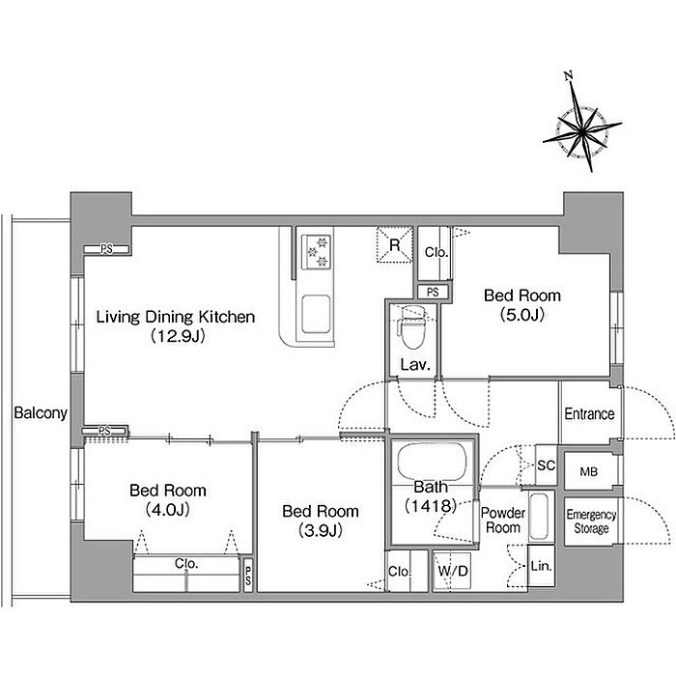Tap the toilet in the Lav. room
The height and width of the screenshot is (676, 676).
point(412,327)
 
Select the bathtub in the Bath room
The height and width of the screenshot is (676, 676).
point(432,462)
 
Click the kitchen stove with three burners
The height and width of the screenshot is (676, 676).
point(316,252)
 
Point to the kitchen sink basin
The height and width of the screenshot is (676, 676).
point(316,314)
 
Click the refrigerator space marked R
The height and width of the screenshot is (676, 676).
point(394,245)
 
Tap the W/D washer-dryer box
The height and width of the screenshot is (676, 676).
point(452,572)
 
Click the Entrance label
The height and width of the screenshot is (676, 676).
point(589,414)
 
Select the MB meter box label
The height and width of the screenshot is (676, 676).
point(588,471)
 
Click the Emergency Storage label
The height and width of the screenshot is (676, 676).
point(591,521)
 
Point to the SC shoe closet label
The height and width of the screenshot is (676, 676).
point(546,465)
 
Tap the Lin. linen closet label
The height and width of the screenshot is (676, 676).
point(542,566)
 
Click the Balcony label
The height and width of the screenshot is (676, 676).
point(41,413)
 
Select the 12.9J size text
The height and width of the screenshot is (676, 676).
point(178,336)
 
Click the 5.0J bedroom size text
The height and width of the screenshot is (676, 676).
point(522,315)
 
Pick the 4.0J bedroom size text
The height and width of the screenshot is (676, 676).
point(168,510)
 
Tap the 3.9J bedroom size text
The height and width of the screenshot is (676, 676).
point(321,531)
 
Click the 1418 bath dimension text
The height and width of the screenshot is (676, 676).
point(431,505)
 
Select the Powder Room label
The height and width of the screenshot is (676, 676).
point(503,520)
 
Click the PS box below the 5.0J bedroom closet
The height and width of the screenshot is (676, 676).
point(433,293)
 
